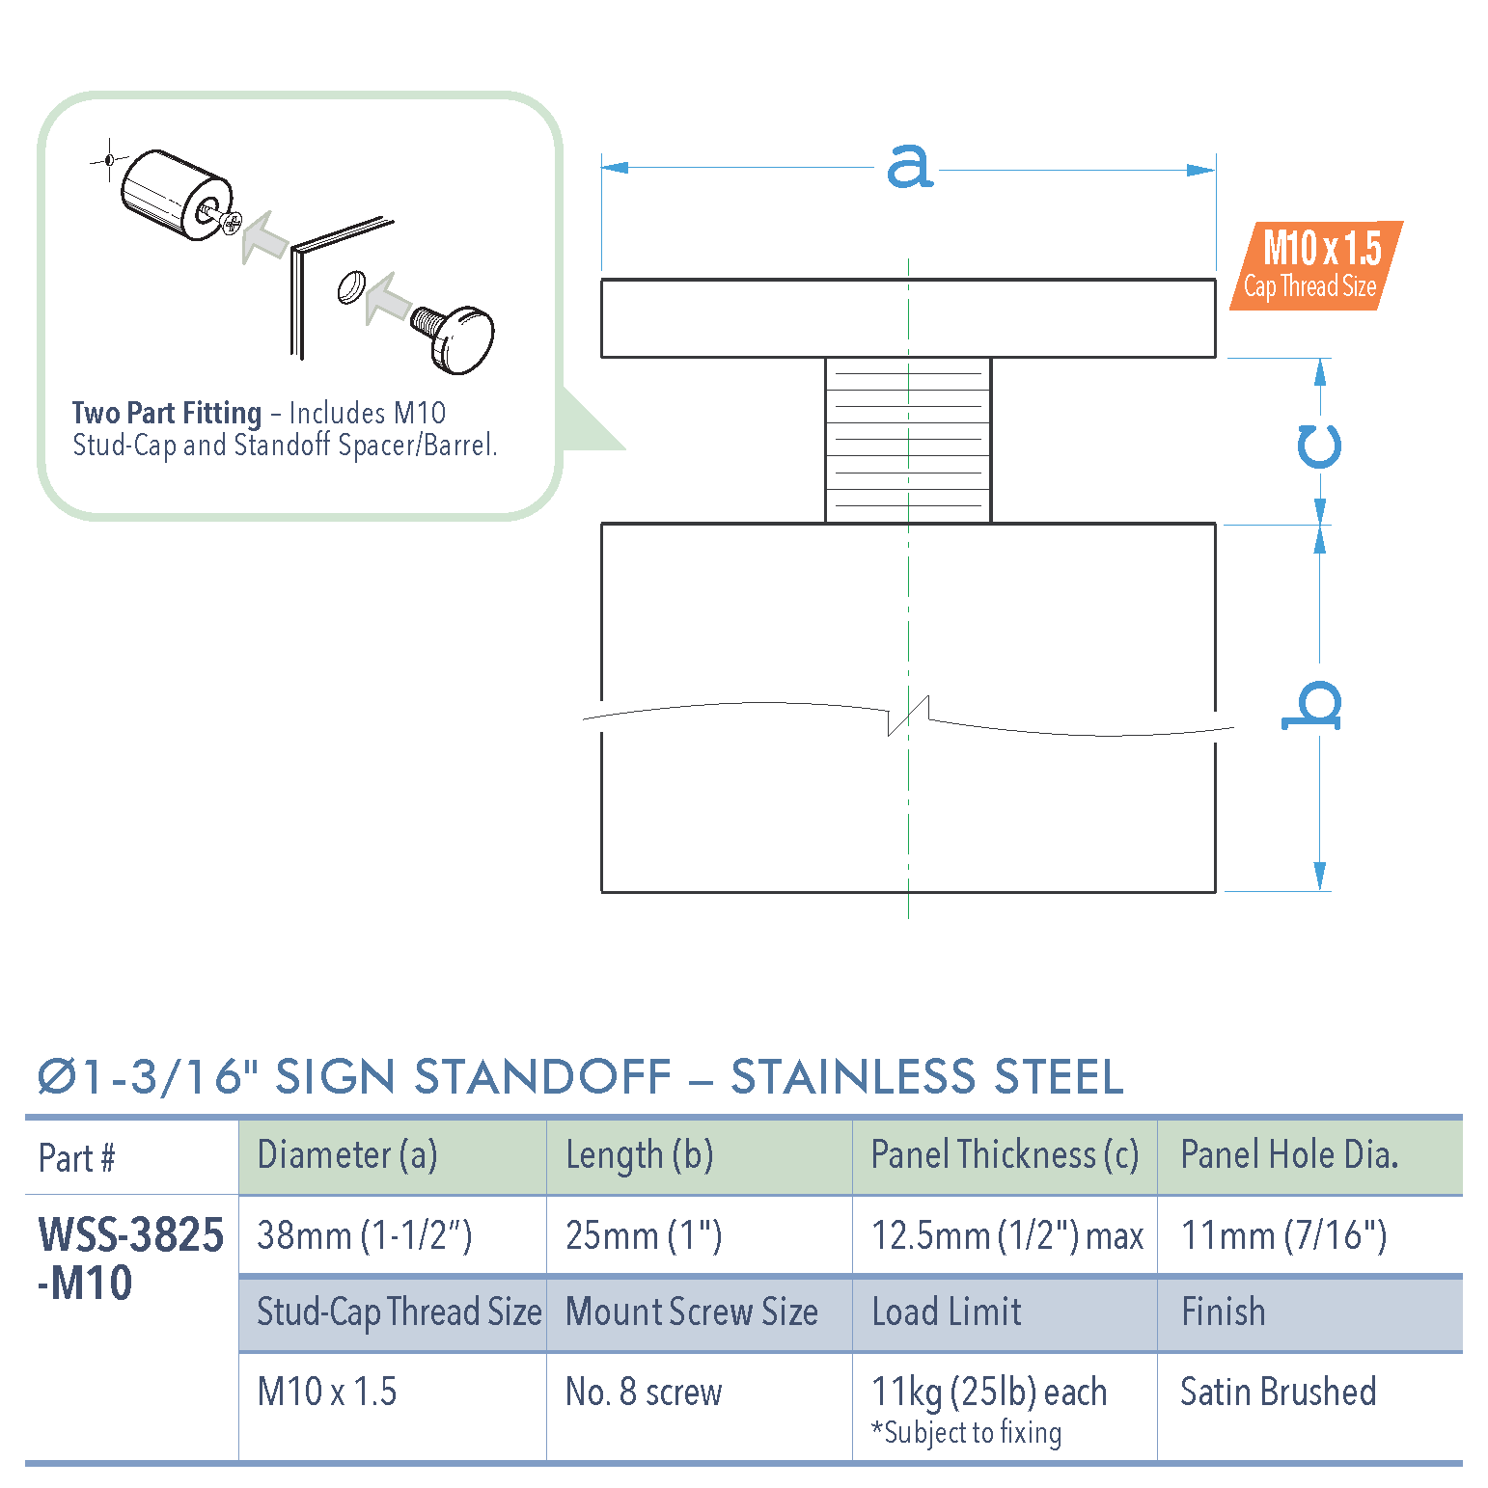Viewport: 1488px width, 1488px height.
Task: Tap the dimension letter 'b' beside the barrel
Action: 1312,705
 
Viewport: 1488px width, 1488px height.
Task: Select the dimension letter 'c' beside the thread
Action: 1318,446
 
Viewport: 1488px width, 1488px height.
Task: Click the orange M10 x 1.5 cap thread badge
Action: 1316,265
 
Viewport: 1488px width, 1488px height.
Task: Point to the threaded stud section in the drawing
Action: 908,440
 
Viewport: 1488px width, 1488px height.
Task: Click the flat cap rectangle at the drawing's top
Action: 907,318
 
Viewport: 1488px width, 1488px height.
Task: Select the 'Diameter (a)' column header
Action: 347,1155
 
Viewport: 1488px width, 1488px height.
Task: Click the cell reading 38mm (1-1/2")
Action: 365,1235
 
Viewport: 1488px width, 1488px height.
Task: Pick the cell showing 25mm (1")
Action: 644,1235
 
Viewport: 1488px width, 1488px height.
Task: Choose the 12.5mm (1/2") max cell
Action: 1006,1235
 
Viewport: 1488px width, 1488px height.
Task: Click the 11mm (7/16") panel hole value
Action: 1283,1235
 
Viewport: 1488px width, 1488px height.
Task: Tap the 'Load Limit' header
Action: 947,1312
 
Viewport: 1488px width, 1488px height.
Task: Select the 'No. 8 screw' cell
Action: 644,1392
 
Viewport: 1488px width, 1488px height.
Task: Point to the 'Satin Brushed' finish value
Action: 1278,1392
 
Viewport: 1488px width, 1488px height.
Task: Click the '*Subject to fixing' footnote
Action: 966,1433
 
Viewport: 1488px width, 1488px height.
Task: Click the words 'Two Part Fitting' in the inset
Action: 167,413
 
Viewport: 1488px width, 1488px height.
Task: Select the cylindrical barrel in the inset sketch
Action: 174,193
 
